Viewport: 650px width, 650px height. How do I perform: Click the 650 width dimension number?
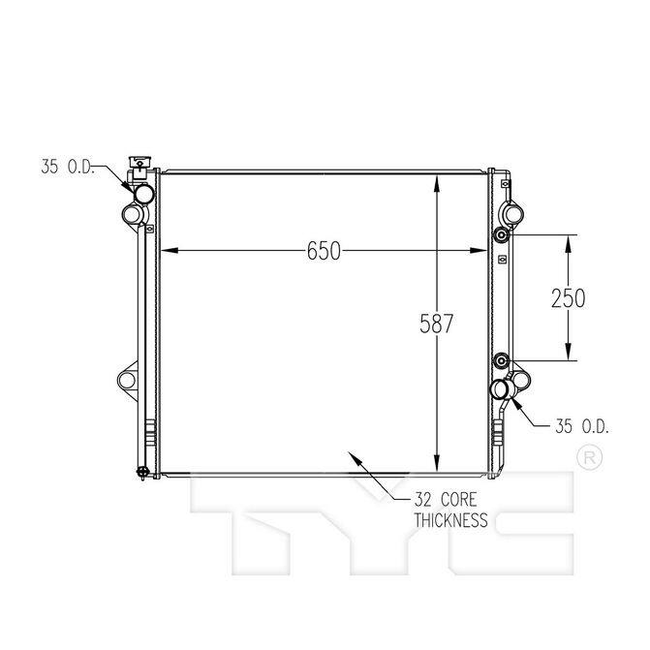coord(324,251)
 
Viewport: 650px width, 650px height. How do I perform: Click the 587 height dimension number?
coord(437,324)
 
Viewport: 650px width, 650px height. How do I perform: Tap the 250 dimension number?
coord(568,298)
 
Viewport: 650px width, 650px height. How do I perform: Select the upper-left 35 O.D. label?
coord(68,167)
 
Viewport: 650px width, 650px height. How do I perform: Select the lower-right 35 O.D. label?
coord(582,426)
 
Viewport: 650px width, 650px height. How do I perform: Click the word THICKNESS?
coord(451,520)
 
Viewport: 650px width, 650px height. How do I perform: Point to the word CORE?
coord(458,500)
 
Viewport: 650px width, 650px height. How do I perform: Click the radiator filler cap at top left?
coord(140,162)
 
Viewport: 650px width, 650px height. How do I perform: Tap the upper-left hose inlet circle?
coord(143,194)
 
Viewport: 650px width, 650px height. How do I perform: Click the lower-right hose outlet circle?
coord(501,388)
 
